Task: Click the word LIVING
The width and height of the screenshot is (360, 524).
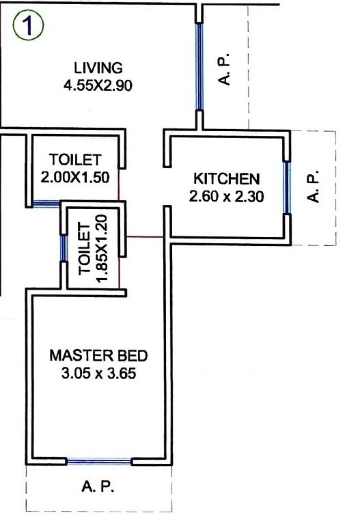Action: pos(98,68)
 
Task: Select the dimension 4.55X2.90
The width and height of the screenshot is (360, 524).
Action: pos(98,86)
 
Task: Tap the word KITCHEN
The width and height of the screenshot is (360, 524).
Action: pos(227,179)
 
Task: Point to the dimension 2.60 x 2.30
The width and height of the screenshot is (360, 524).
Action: pos(227,197)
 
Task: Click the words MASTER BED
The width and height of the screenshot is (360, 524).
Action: pos(98,355)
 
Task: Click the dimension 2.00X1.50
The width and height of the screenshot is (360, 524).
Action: pos(75,176)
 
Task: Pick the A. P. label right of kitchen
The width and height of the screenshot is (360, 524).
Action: pos(314,187)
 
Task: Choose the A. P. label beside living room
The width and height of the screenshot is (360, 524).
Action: pos(227,70)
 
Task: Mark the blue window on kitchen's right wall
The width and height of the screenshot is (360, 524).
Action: pos(288,187)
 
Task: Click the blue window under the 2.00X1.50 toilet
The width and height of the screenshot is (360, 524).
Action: pos(46,203)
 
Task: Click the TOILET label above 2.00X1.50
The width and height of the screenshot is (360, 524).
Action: pos(75,160)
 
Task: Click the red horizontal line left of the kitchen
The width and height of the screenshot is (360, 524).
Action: pos(143,237)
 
